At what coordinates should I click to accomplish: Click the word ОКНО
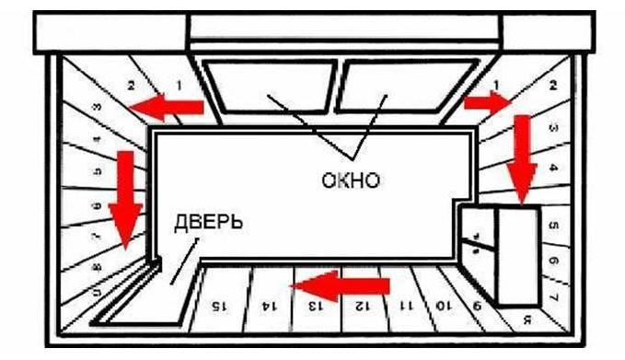click(x=350, y=179)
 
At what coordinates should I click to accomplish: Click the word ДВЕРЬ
click(x=210, y=222)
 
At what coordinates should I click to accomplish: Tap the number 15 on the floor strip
click(x=218, y=303)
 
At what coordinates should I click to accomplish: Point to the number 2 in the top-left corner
click(x=132, y=85)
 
